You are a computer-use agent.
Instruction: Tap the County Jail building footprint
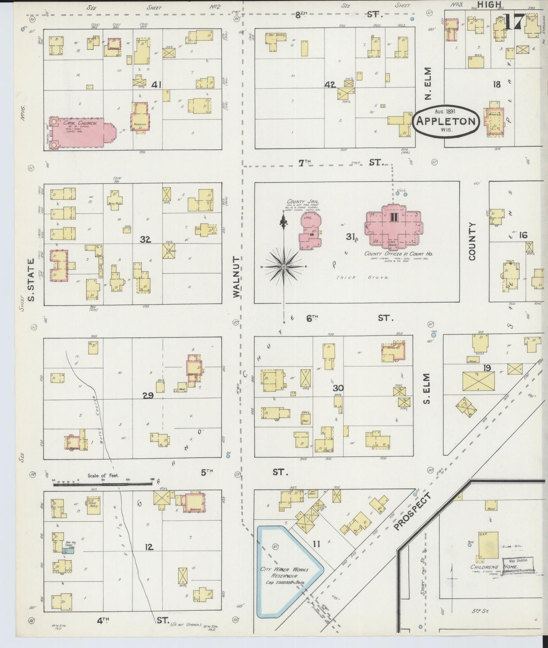click(x=309, y=232)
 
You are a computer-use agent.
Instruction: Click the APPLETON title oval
click(x=446, y=121)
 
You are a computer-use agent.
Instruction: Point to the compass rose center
click(x=284, y=267)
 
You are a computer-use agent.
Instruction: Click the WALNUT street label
click(x=237, y=277)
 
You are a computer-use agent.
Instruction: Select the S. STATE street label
click(x=31, y=280)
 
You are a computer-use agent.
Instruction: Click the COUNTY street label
click(x=472, y=241)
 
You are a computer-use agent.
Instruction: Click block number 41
click(x=156, y=85)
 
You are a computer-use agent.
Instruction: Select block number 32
click(x=145, y=239)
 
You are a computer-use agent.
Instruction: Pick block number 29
click(x=148, y=396)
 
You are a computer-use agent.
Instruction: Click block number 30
click(x=338, y=388)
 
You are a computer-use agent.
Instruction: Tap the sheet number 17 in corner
click(x=514, y=22)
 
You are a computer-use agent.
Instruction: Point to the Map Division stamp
click(x=518, y=561)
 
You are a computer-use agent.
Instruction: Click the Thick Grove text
click(x=362, y=277)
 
